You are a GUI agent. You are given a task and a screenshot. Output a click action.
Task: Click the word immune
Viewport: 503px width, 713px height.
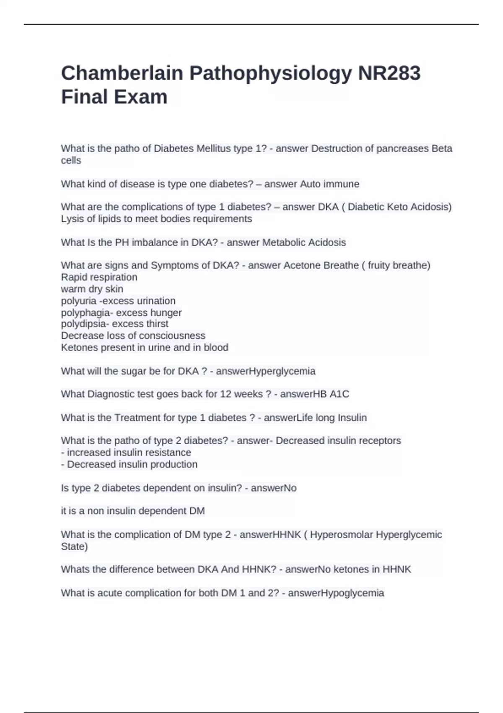(341, 184)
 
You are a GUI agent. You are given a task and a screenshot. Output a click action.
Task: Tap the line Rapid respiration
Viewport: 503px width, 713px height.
(99, 277)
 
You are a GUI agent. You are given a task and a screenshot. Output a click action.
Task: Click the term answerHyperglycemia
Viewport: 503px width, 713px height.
(265, 371)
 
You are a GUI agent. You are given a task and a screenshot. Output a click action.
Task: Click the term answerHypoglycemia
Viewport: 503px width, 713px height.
(336, 593)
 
